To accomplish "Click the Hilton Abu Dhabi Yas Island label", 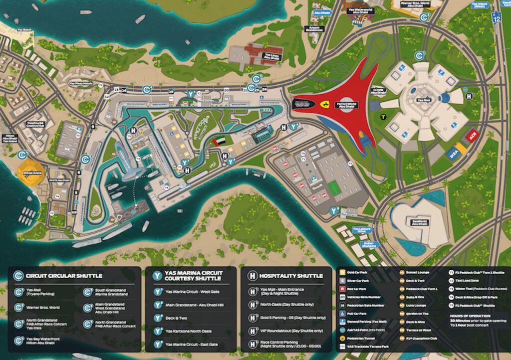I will coord(10,139).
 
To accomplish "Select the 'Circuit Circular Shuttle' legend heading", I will coord(64,275).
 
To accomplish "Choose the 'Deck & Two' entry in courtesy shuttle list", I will coord(178,318).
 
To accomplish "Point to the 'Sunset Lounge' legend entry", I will coord(417,273).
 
